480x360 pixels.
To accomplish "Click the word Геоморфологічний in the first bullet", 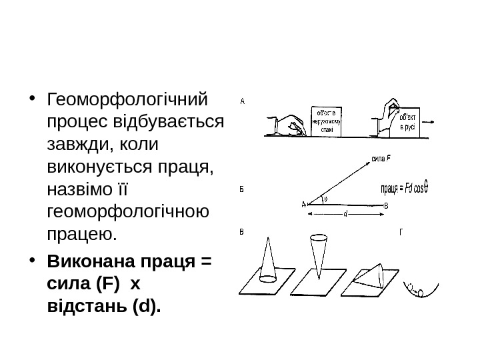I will (127, 101).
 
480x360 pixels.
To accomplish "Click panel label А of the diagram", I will (243, 102).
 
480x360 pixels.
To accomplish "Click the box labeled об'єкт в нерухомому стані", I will (327, 121).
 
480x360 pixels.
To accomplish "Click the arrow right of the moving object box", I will (430, 123).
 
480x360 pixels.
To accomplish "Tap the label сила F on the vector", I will (380, 159).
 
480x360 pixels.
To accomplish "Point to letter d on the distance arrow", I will (345, 215).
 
